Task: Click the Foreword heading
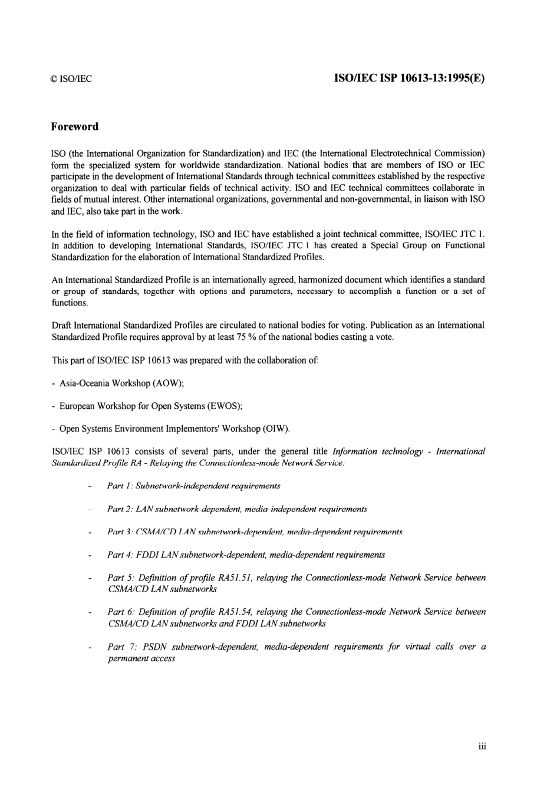[75, 127]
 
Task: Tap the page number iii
[482, 747]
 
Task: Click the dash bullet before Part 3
[90, 533]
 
